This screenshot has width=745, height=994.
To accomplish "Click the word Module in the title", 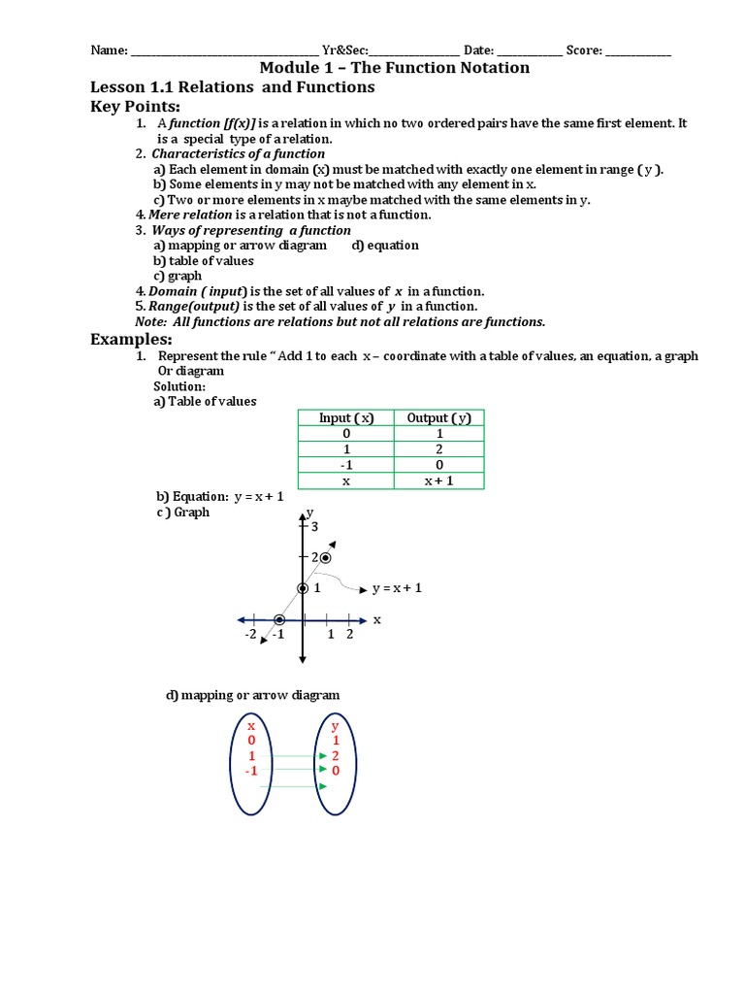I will click(x=289, y=68).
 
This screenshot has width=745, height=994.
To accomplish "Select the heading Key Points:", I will click(x=136, y=106).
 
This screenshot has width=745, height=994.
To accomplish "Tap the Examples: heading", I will click(x=131, y=339).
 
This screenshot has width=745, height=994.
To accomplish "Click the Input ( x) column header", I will click(x=346, y=417).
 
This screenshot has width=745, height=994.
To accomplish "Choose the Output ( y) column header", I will click(x=438, y=417).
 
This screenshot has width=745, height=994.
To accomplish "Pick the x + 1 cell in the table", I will click(x=438, y=480).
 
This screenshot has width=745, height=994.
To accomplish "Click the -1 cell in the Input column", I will click(x=346, y=465).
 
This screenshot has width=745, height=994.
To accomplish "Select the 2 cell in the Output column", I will click(x=438, y=449).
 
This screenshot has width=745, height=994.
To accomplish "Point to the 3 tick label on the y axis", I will click(x=314, y=526).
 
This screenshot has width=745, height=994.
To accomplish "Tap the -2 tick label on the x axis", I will click(x=250, y=635).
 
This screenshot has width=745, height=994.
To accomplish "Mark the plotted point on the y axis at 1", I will click(x=304, y=588).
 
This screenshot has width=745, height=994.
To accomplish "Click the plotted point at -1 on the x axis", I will click(x=278, y=619).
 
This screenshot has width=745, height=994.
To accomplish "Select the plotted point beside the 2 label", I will click(x=326, y=557).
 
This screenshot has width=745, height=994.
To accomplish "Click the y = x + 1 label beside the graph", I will click(x=398, y=588).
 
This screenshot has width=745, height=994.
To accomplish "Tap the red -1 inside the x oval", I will click(x=250, y=771).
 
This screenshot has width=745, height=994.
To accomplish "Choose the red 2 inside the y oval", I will click(x=336, y=755).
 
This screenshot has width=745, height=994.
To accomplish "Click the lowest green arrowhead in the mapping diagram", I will click(x=322, y=785).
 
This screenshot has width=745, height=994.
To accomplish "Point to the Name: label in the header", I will click(x=109, y=50).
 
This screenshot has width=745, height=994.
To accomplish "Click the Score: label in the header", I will click(x=584, y=50).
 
